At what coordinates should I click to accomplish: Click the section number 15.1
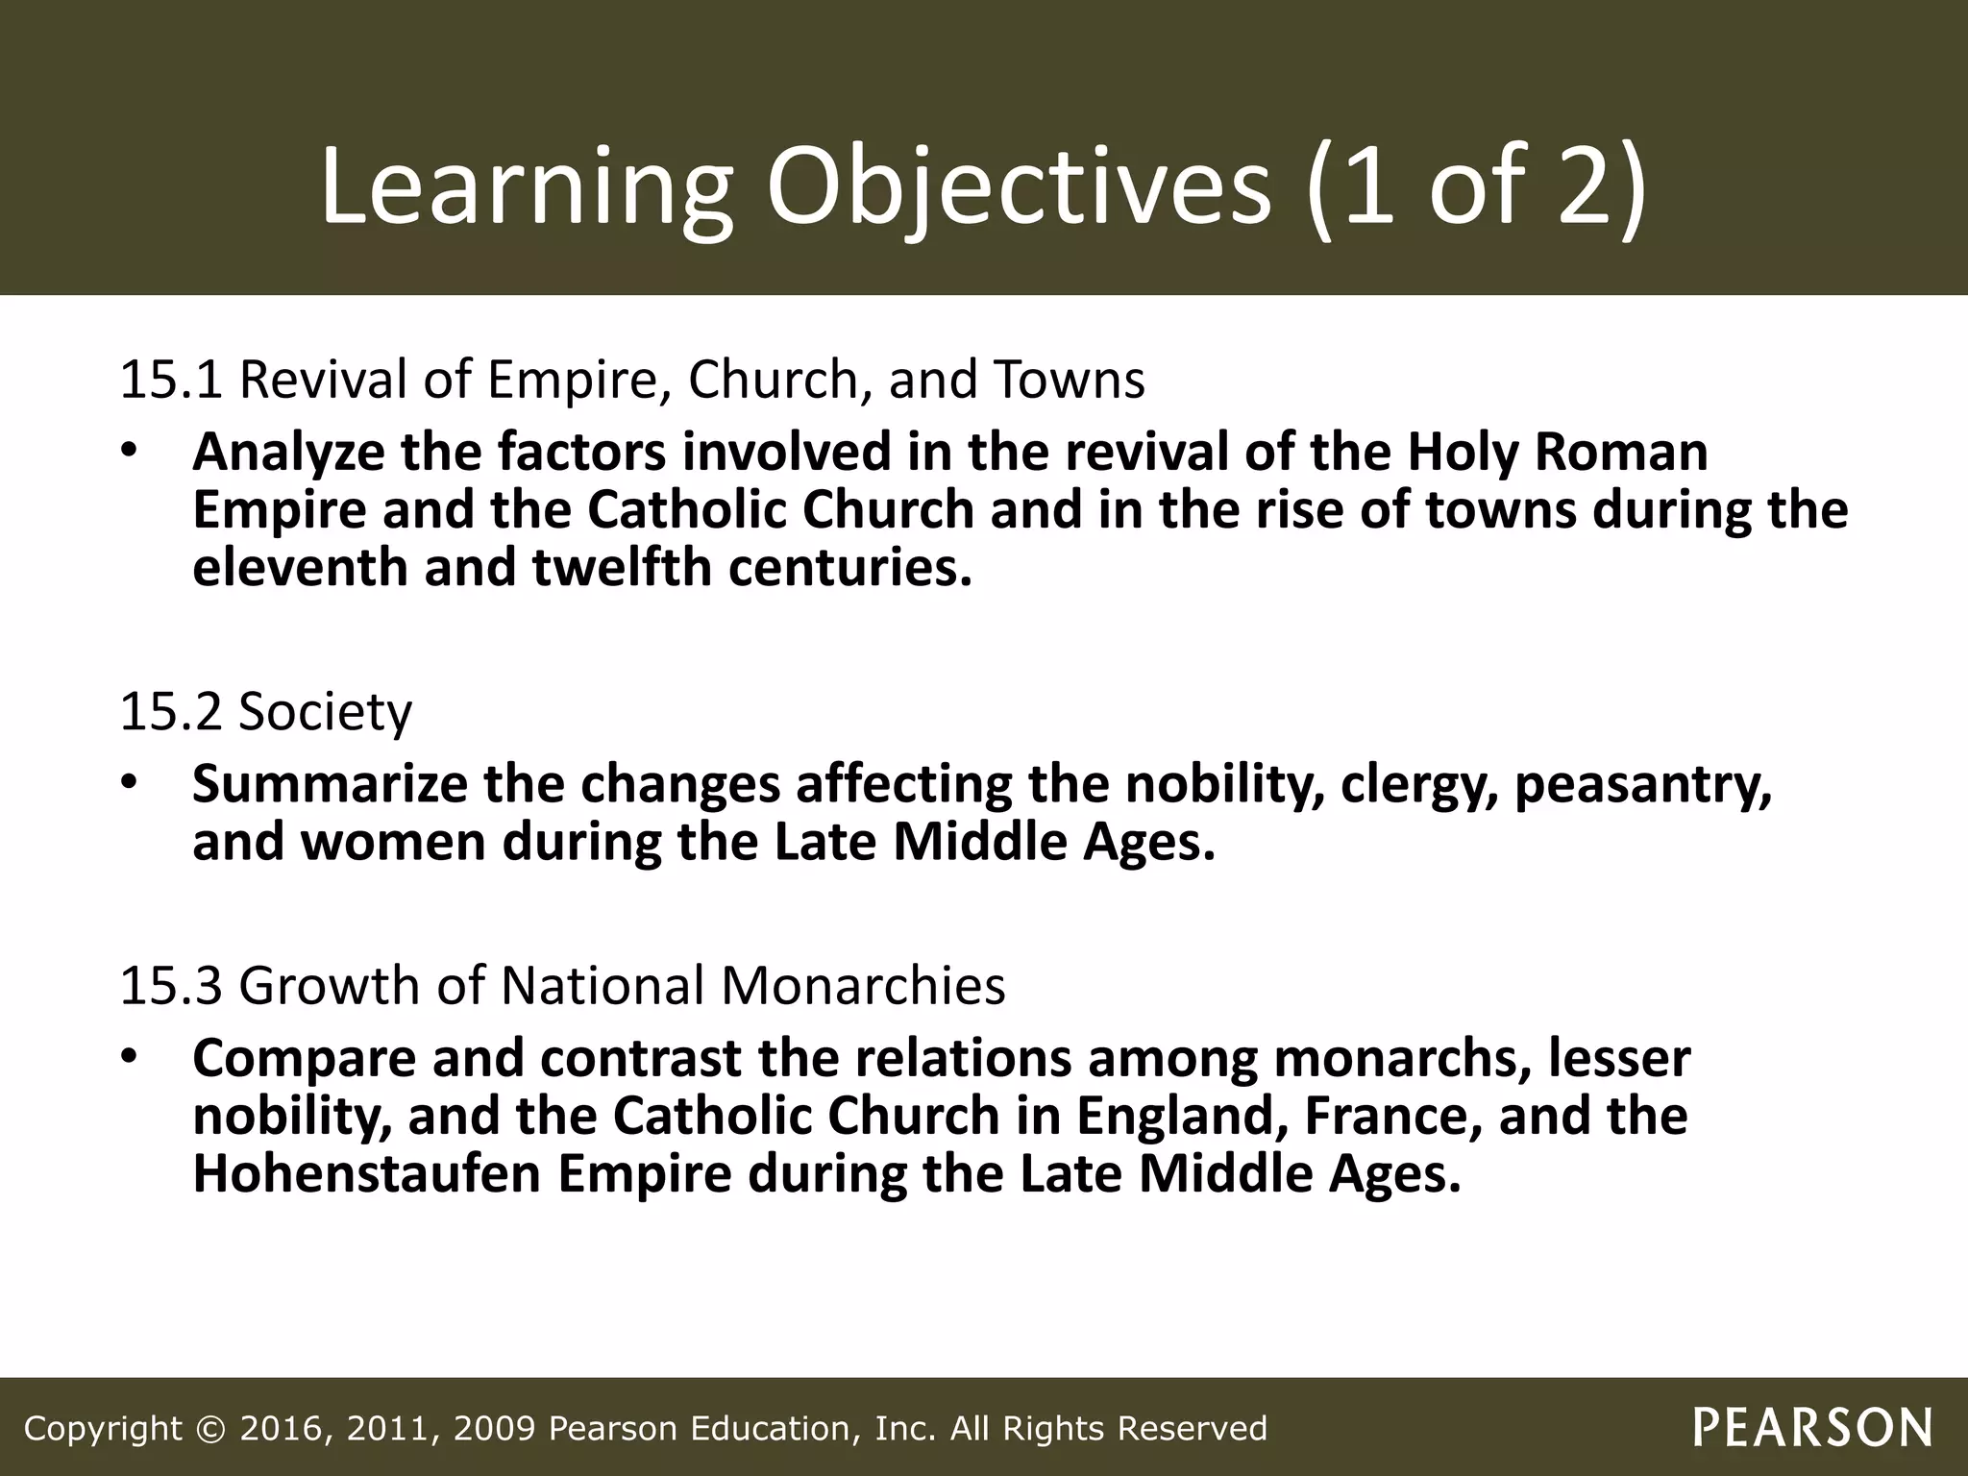171,380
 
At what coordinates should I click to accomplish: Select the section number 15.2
171,712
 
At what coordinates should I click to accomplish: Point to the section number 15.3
171,986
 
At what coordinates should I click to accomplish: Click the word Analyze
288,454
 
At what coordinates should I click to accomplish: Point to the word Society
325,712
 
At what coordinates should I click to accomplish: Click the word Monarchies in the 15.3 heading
863,986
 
